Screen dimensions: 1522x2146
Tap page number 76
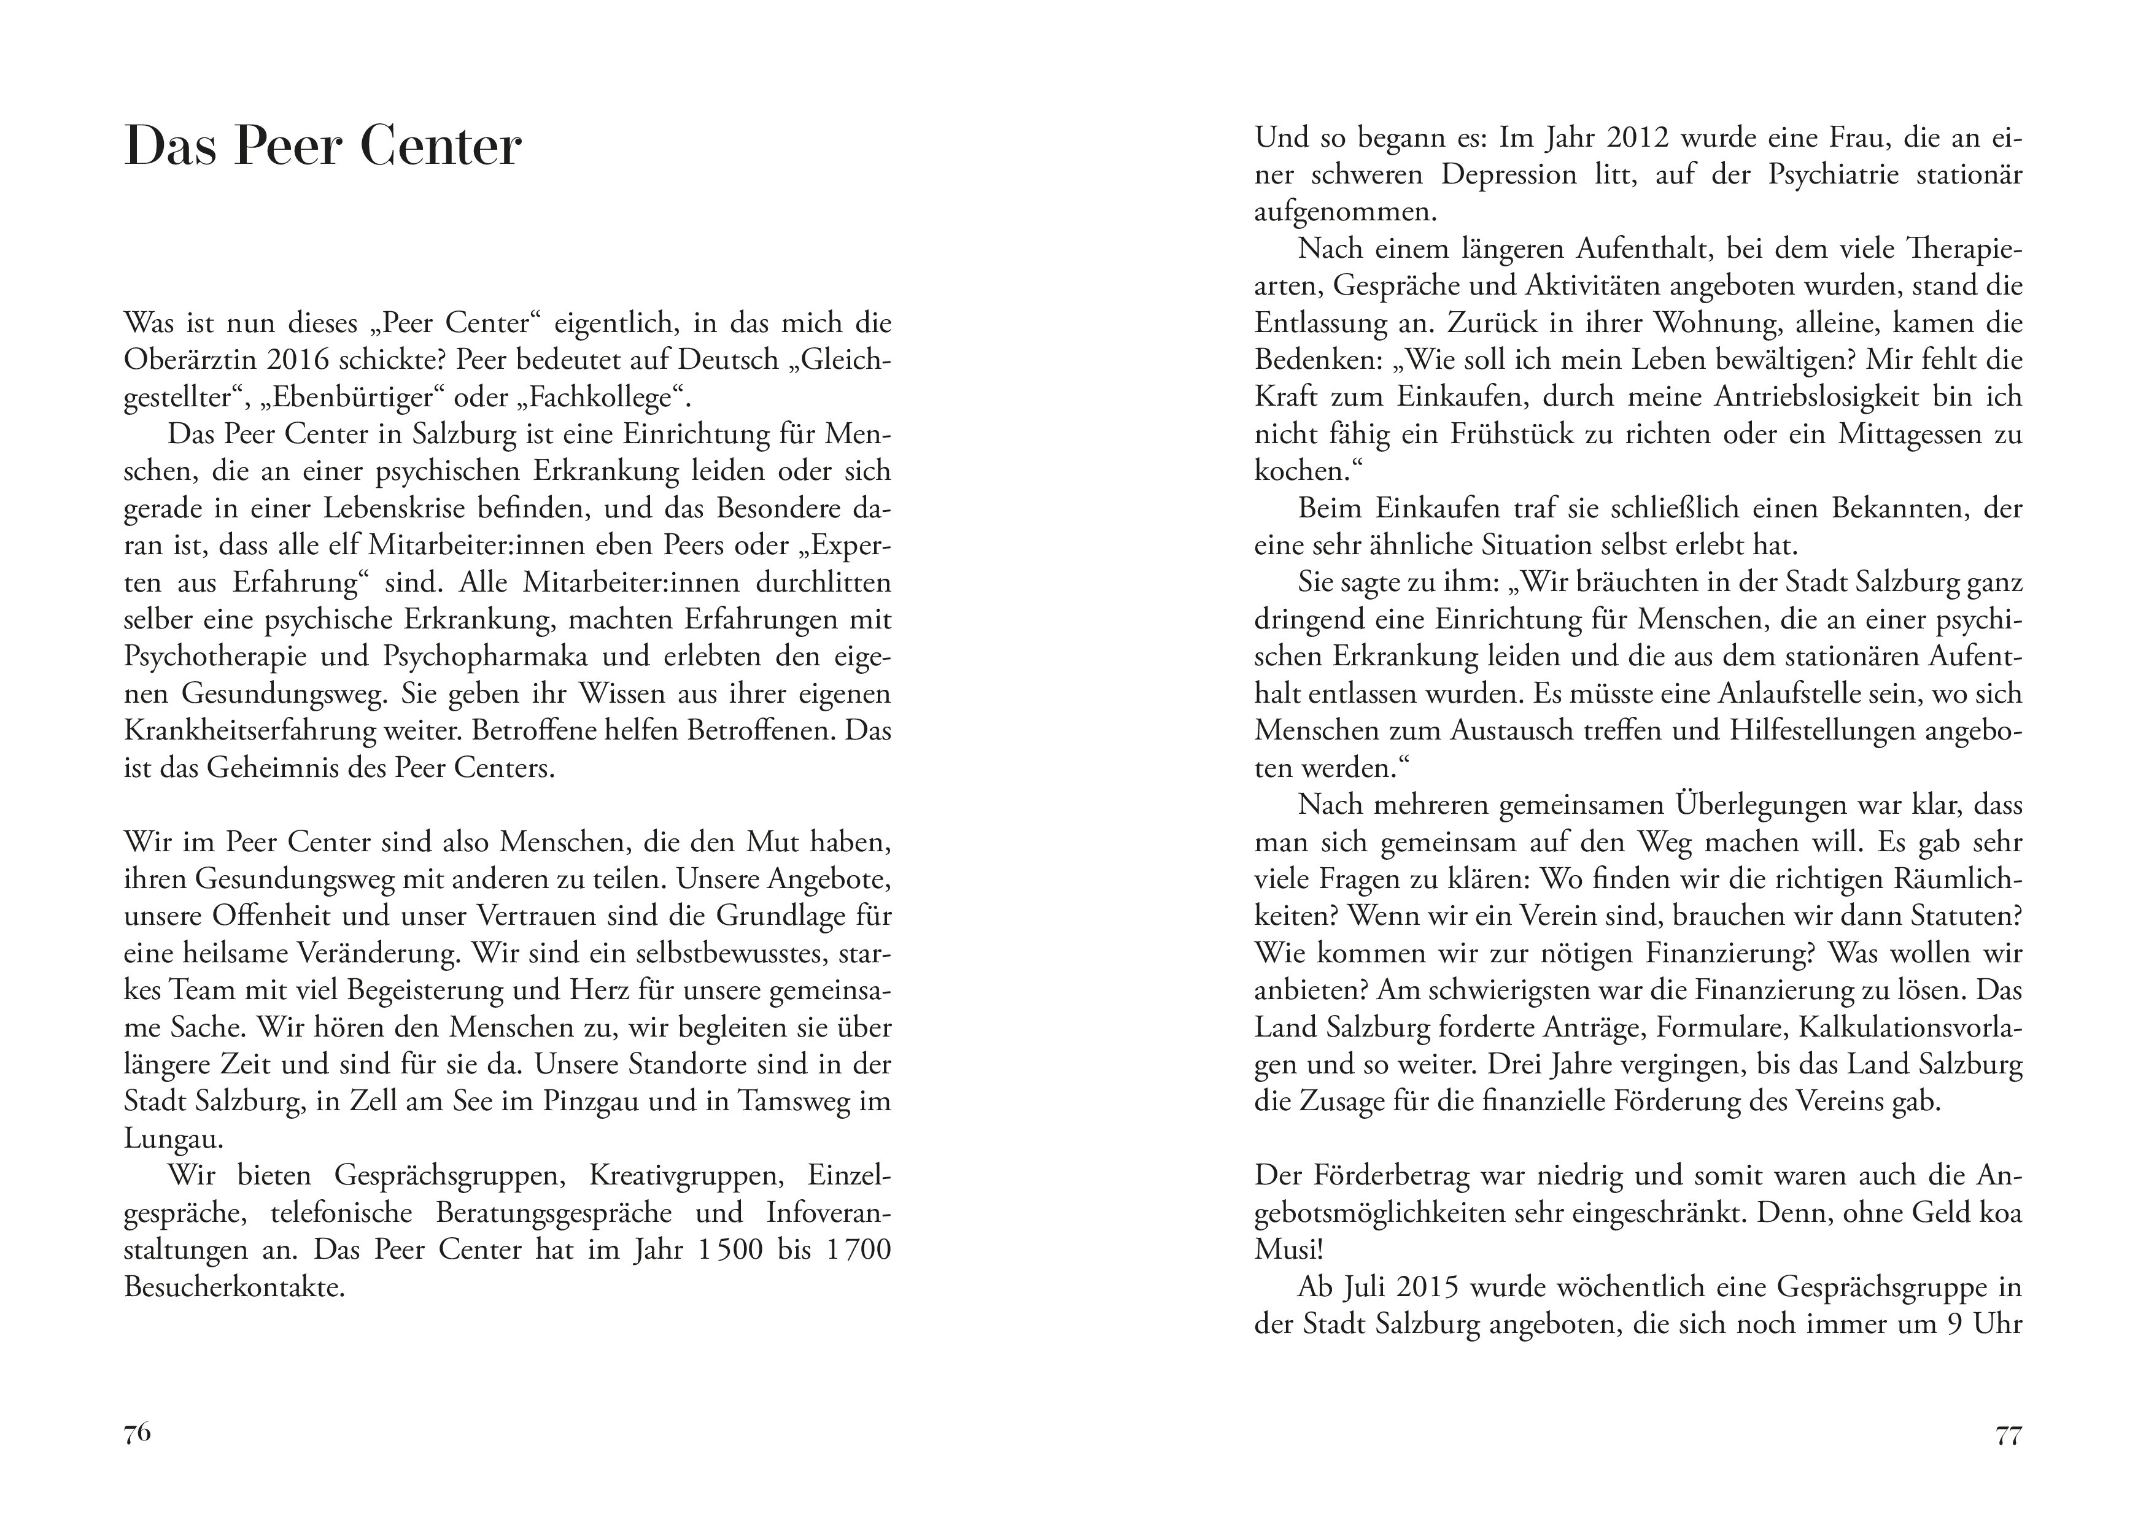pyautogui.click(x=137, y=1433)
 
